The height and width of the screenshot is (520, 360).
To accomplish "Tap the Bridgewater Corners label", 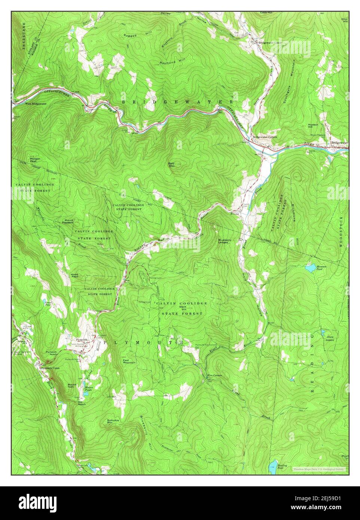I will [265, 137].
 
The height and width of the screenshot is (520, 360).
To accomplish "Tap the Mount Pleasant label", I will [69, 221].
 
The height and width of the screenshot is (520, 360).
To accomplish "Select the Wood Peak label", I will [74, 276].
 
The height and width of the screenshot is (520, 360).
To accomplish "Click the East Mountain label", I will [129, 361].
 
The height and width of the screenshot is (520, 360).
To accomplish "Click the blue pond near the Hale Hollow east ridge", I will [310, 268].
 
